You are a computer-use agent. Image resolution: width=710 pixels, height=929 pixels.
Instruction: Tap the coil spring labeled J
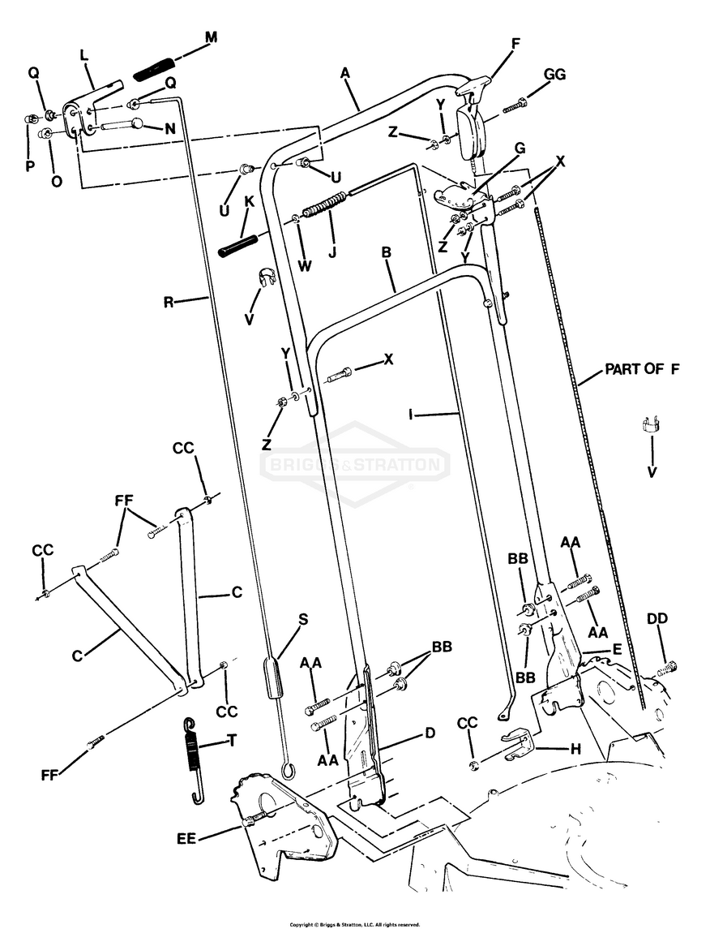[324, 204]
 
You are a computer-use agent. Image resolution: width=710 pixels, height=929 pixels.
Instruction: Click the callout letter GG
[554, 75]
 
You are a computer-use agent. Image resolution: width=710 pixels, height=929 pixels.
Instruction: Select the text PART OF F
[641, 369]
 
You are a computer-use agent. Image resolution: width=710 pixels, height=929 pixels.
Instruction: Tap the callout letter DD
[657, 619]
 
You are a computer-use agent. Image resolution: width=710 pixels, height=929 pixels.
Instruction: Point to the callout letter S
[304, 619]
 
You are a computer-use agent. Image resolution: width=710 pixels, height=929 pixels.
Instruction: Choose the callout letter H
[575, 750]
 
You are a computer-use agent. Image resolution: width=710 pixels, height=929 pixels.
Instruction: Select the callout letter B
[387, 252]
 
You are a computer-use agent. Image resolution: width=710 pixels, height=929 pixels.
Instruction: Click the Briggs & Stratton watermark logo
[353, 465]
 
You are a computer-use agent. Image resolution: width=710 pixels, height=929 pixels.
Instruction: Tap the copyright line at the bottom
[354, 923]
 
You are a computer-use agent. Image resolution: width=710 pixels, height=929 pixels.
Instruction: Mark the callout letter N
[169, 128]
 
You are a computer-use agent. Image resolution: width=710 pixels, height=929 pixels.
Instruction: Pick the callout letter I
[411, 415]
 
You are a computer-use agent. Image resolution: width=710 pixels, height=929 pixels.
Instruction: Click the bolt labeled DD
[666, 669]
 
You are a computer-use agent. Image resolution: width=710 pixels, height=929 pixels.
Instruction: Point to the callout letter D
[430, 733]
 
